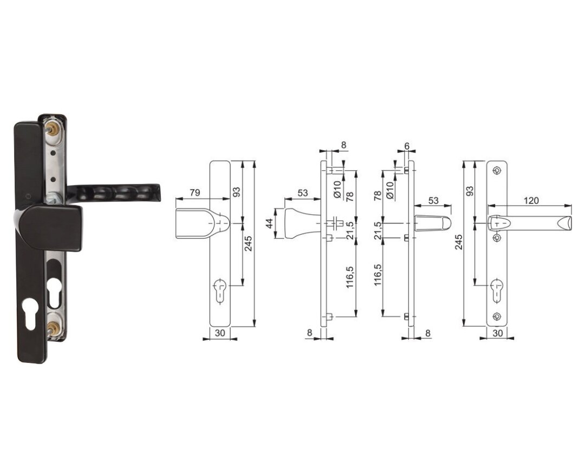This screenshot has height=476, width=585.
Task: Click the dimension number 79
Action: [195, 193]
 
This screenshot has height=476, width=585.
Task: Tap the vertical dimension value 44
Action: [269, 223]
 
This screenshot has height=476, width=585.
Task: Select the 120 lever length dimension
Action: [531, 200]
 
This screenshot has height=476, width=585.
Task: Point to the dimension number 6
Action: [407, 146]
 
